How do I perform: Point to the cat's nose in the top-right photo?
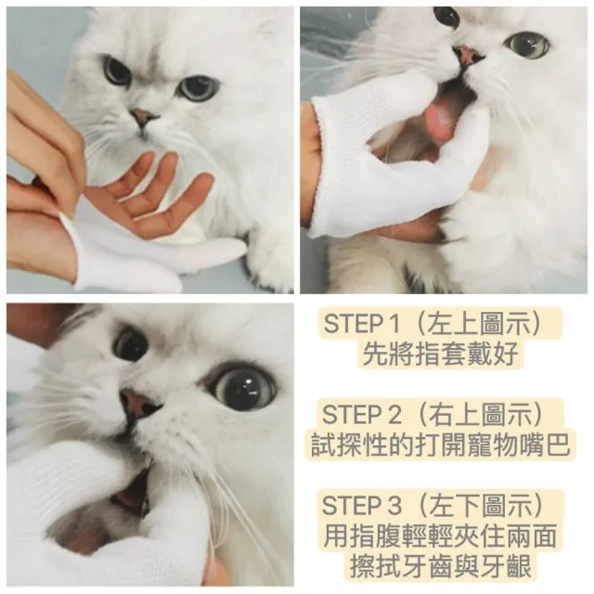coord(468,55)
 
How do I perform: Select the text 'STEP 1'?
coord(362,324)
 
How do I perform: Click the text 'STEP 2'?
coord(362,414)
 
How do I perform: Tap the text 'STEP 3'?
coord(362,505)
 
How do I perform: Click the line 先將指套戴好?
coord(440,354)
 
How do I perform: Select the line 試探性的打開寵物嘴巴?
coord(440,445)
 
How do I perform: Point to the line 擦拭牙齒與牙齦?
coord(440,566)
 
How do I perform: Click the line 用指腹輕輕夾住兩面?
coord(440,536)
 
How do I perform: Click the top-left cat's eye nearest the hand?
coord(118,71)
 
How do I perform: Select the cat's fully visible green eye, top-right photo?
coord(527,45)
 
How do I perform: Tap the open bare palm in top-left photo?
coord(151,197)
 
